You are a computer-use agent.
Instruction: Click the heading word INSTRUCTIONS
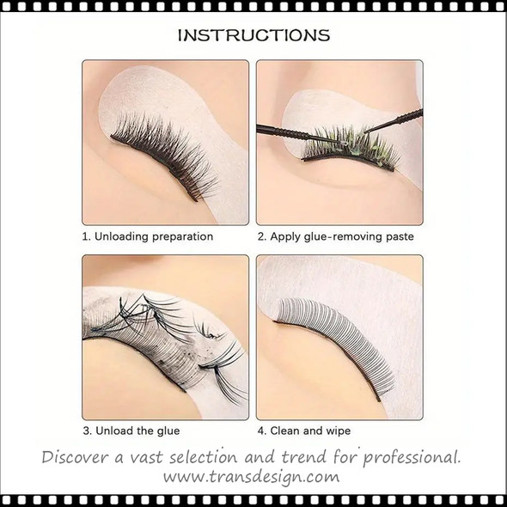(253, 35)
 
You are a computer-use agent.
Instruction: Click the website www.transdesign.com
(253, 474)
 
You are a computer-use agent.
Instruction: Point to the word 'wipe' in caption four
(336, 431)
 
